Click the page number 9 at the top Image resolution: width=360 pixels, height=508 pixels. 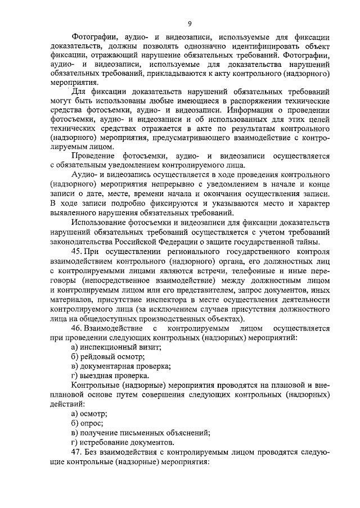190,23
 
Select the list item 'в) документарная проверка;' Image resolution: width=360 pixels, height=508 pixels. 121,366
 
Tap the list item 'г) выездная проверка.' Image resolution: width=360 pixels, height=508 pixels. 111,375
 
